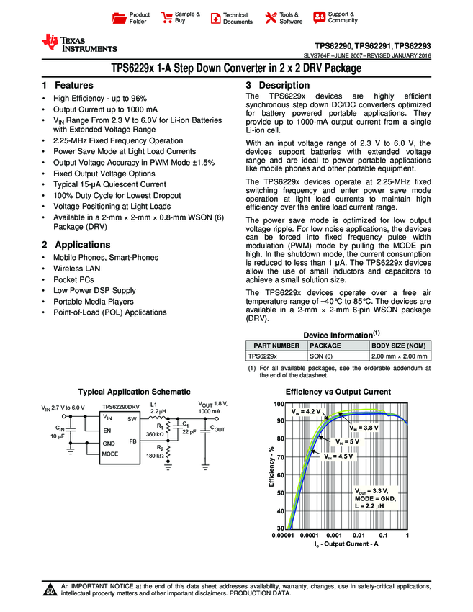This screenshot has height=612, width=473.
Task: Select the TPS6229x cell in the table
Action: point(263,356)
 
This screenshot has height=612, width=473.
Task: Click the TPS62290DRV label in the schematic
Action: point(120,408)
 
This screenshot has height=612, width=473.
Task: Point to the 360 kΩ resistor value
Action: point(153,435)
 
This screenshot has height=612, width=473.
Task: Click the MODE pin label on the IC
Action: point(109,454)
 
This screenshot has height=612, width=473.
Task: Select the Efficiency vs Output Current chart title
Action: point(338,392)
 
